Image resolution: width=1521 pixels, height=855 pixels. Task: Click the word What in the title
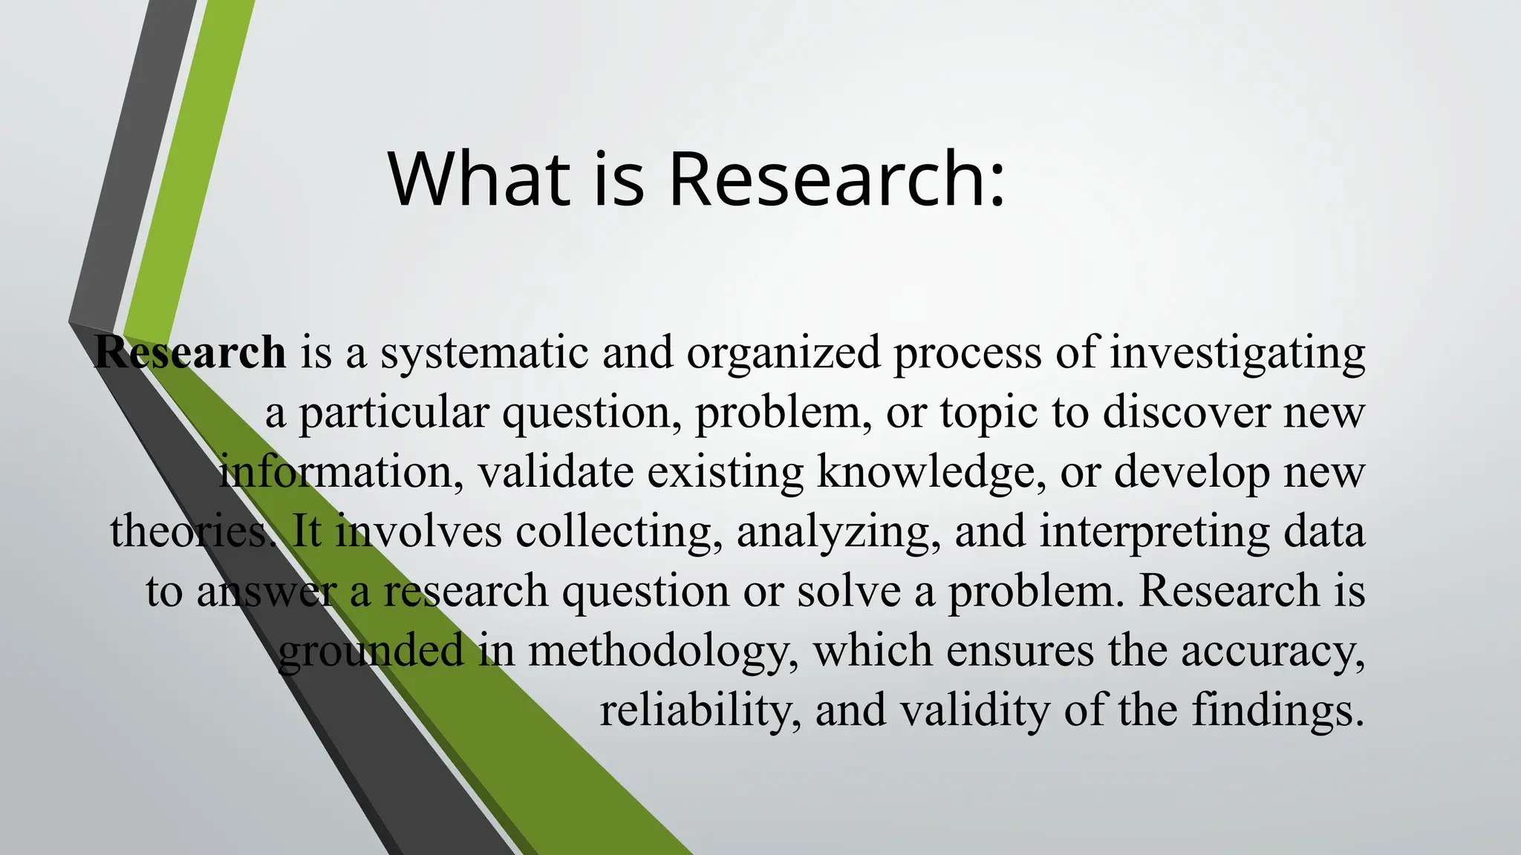[479, 180]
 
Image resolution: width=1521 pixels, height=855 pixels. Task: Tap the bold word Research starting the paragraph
[190, 352]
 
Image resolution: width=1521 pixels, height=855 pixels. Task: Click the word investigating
[1237, 353]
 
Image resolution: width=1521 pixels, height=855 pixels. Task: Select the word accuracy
[1272, 652]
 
